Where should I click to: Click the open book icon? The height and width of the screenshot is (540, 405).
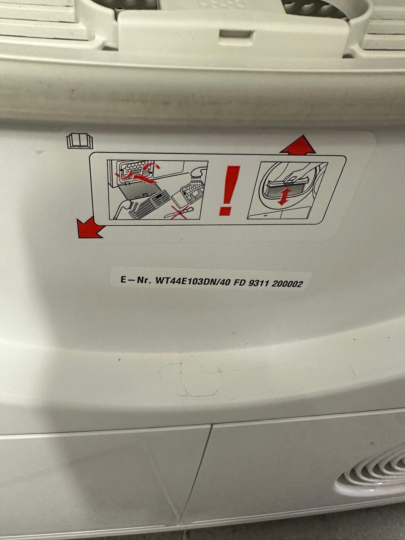(80, 141)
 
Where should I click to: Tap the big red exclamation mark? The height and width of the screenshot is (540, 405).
(229, 191)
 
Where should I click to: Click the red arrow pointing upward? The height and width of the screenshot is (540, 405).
(297, 145)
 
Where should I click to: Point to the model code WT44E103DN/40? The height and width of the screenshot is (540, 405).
(192, 282)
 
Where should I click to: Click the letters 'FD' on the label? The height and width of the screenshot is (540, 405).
(238, 283)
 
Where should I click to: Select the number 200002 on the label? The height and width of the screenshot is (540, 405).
(287, 284)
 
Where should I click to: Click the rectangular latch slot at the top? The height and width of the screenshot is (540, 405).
(236, 34)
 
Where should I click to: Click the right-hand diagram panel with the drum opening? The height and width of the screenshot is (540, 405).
(287, 190)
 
